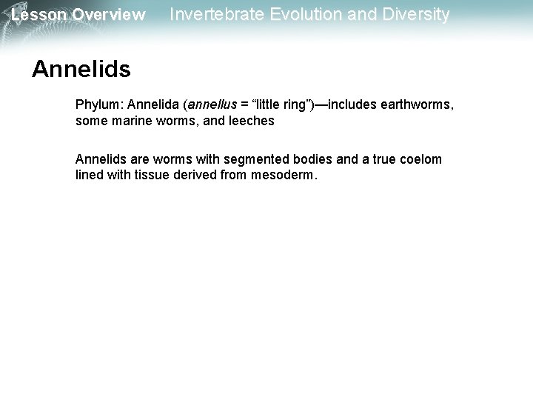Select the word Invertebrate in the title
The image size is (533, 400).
click(x=214, y=14)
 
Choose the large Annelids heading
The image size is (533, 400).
click(x=81, y=70)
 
